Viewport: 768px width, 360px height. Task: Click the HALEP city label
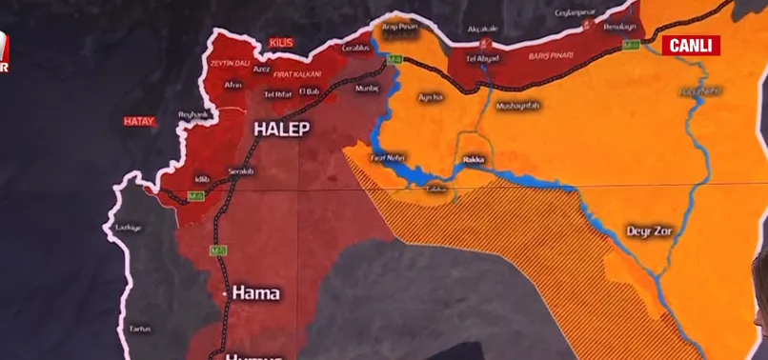281,129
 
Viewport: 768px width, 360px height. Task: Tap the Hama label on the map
255,293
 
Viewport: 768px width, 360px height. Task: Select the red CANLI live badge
692,45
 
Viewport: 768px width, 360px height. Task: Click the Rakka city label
474,160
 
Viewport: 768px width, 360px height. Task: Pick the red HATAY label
139,121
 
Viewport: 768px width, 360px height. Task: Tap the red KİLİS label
280,44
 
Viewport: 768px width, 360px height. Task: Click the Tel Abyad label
482,58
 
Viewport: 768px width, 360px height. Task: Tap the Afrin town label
232,84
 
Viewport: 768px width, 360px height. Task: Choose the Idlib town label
201,178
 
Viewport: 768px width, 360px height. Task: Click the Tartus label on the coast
140,329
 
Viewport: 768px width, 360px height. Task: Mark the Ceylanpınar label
576,12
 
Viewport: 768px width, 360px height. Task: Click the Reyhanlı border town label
193,114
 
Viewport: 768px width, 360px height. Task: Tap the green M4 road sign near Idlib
195,196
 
